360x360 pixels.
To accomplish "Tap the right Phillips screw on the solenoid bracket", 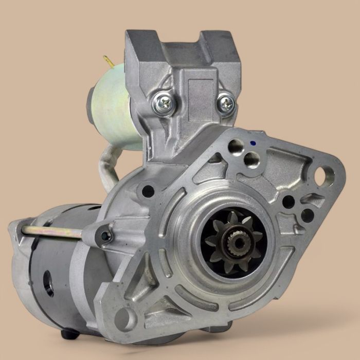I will pyautogui.click(x=226, y=103).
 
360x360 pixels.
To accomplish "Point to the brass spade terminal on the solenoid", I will pyautogui.click(x=109, y=62).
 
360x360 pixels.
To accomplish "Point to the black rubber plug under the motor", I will pyautogui.click(x=69, y=334).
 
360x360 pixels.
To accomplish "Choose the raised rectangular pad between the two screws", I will pyautogui.click(x=196, y=98).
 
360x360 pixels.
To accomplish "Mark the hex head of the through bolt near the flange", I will pyautogui.click(x=105, y=236).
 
